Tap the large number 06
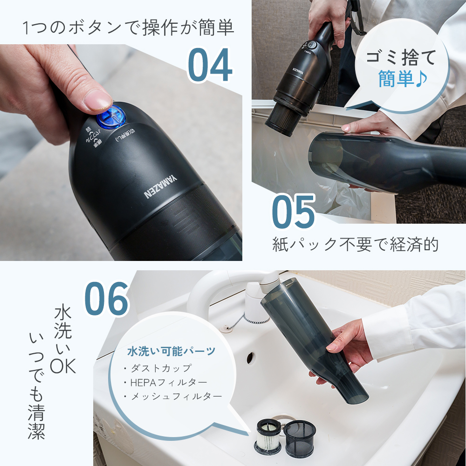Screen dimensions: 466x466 pos(106,298)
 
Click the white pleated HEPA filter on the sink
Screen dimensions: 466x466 pos(268,435)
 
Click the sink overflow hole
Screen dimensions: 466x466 pos(250,357)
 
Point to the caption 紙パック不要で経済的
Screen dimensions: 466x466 pos(355,244)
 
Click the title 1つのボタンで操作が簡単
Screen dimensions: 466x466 pos(128,29)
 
